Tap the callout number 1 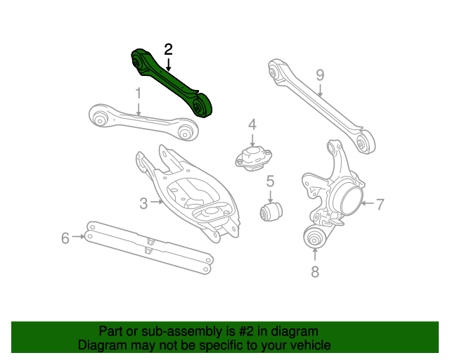click(139, 93)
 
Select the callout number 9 click(320, 75)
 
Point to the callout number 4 click(252, 124)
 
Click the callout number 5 click(269, 183)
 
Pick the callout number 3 click(143, 203)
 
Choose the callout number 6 click(380, 205)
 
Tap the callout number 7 click(314, 271)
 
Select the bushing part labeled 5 click(271, 210)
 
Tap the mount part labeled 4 click(252, 157)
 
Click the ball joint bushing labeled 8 click(315, 238)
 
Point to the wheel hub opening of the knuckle click(351, 202)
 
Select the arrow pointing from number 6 click(79, 237)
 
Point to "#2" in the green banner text click(236, 331)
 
